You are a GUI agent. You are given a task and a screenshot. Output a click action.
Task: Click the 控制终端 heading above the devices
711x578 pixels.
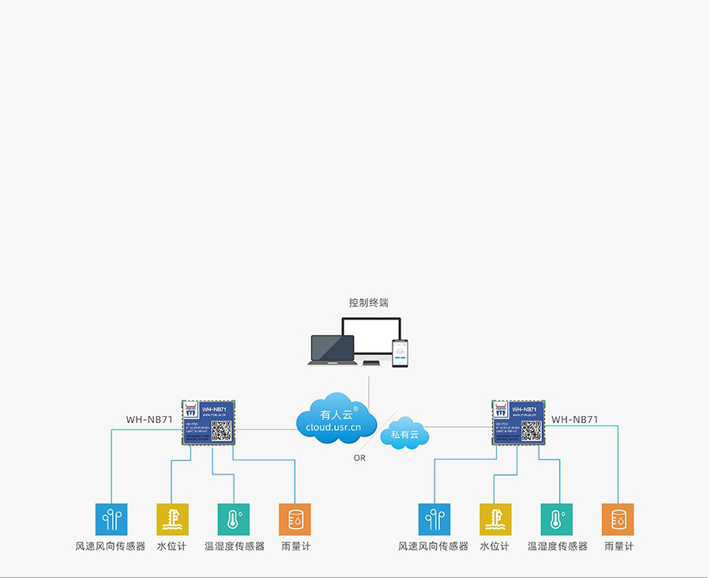pyautogui.click(x=369, y=303)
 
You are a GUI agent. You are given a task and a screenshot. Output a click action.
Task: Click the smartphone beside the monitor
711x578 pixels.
pyautogui.click(x=401, y=353)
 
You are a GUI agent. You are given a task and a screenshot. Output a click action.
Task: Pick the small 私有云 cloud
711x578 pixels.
pyautogui.click(x=404, y=433)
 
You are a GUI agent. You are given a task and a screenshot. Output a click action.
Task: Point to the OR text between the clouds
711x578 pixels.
pyautogui.click(x=359, y=458)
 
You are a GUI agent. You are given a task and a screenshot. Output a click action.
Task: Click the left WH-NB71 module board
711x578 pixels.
pyautogui.click(x=208, y=421)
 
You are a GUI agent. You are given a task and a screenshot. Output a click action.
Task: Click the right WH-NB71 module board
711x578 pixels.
pyautogui.click(x=518, y=421)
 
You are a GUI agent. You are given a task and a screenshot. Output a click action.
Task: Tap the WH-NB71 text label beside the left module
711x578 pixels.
pyautogui.click(x=149, y=420)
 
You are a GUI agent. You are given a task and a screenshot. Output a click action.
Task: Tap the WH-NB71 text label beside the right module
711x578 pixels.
pyautogui.click(x=574, y=420)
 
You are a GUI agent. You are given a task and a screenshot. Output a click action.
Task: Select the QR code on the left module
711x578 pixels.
pyautogui.click(x=221, y=431)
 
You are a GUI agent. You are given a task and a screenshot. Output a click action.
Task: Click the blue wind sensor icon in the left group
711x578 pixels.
pyautogui.click(x=111, y=519)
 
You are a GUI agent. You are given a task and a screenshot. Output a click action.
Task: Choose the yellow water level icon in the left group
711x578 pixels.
pyautogui.click(x=172, y=519)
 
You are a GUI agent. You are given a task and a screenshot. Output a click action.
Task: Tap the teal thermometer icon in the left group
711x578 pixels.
pyautogui.click(x=233, y=519)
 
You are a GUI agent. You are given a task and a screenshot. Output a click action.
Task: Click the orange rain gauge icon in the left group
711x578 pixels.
pyautogui.click(x=295, y=519)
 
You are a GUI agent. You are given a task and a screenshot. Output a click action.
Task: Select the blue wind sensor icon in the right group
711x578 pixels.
pyautogui.click(x=434, y=519)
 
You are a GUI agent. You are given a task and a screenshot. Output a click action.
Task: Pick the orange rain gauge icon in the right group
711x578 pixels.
pyautogui.click(x=618, y=519)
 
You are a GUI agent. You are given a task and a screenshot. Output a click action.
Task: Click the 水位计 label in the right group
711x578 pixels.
pyautogui.click(x=495, y=546)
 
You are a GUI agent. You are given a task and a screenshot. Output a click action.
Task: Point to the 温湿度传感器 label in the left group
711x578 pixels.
pyautogui.click(x=235, y=546)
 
